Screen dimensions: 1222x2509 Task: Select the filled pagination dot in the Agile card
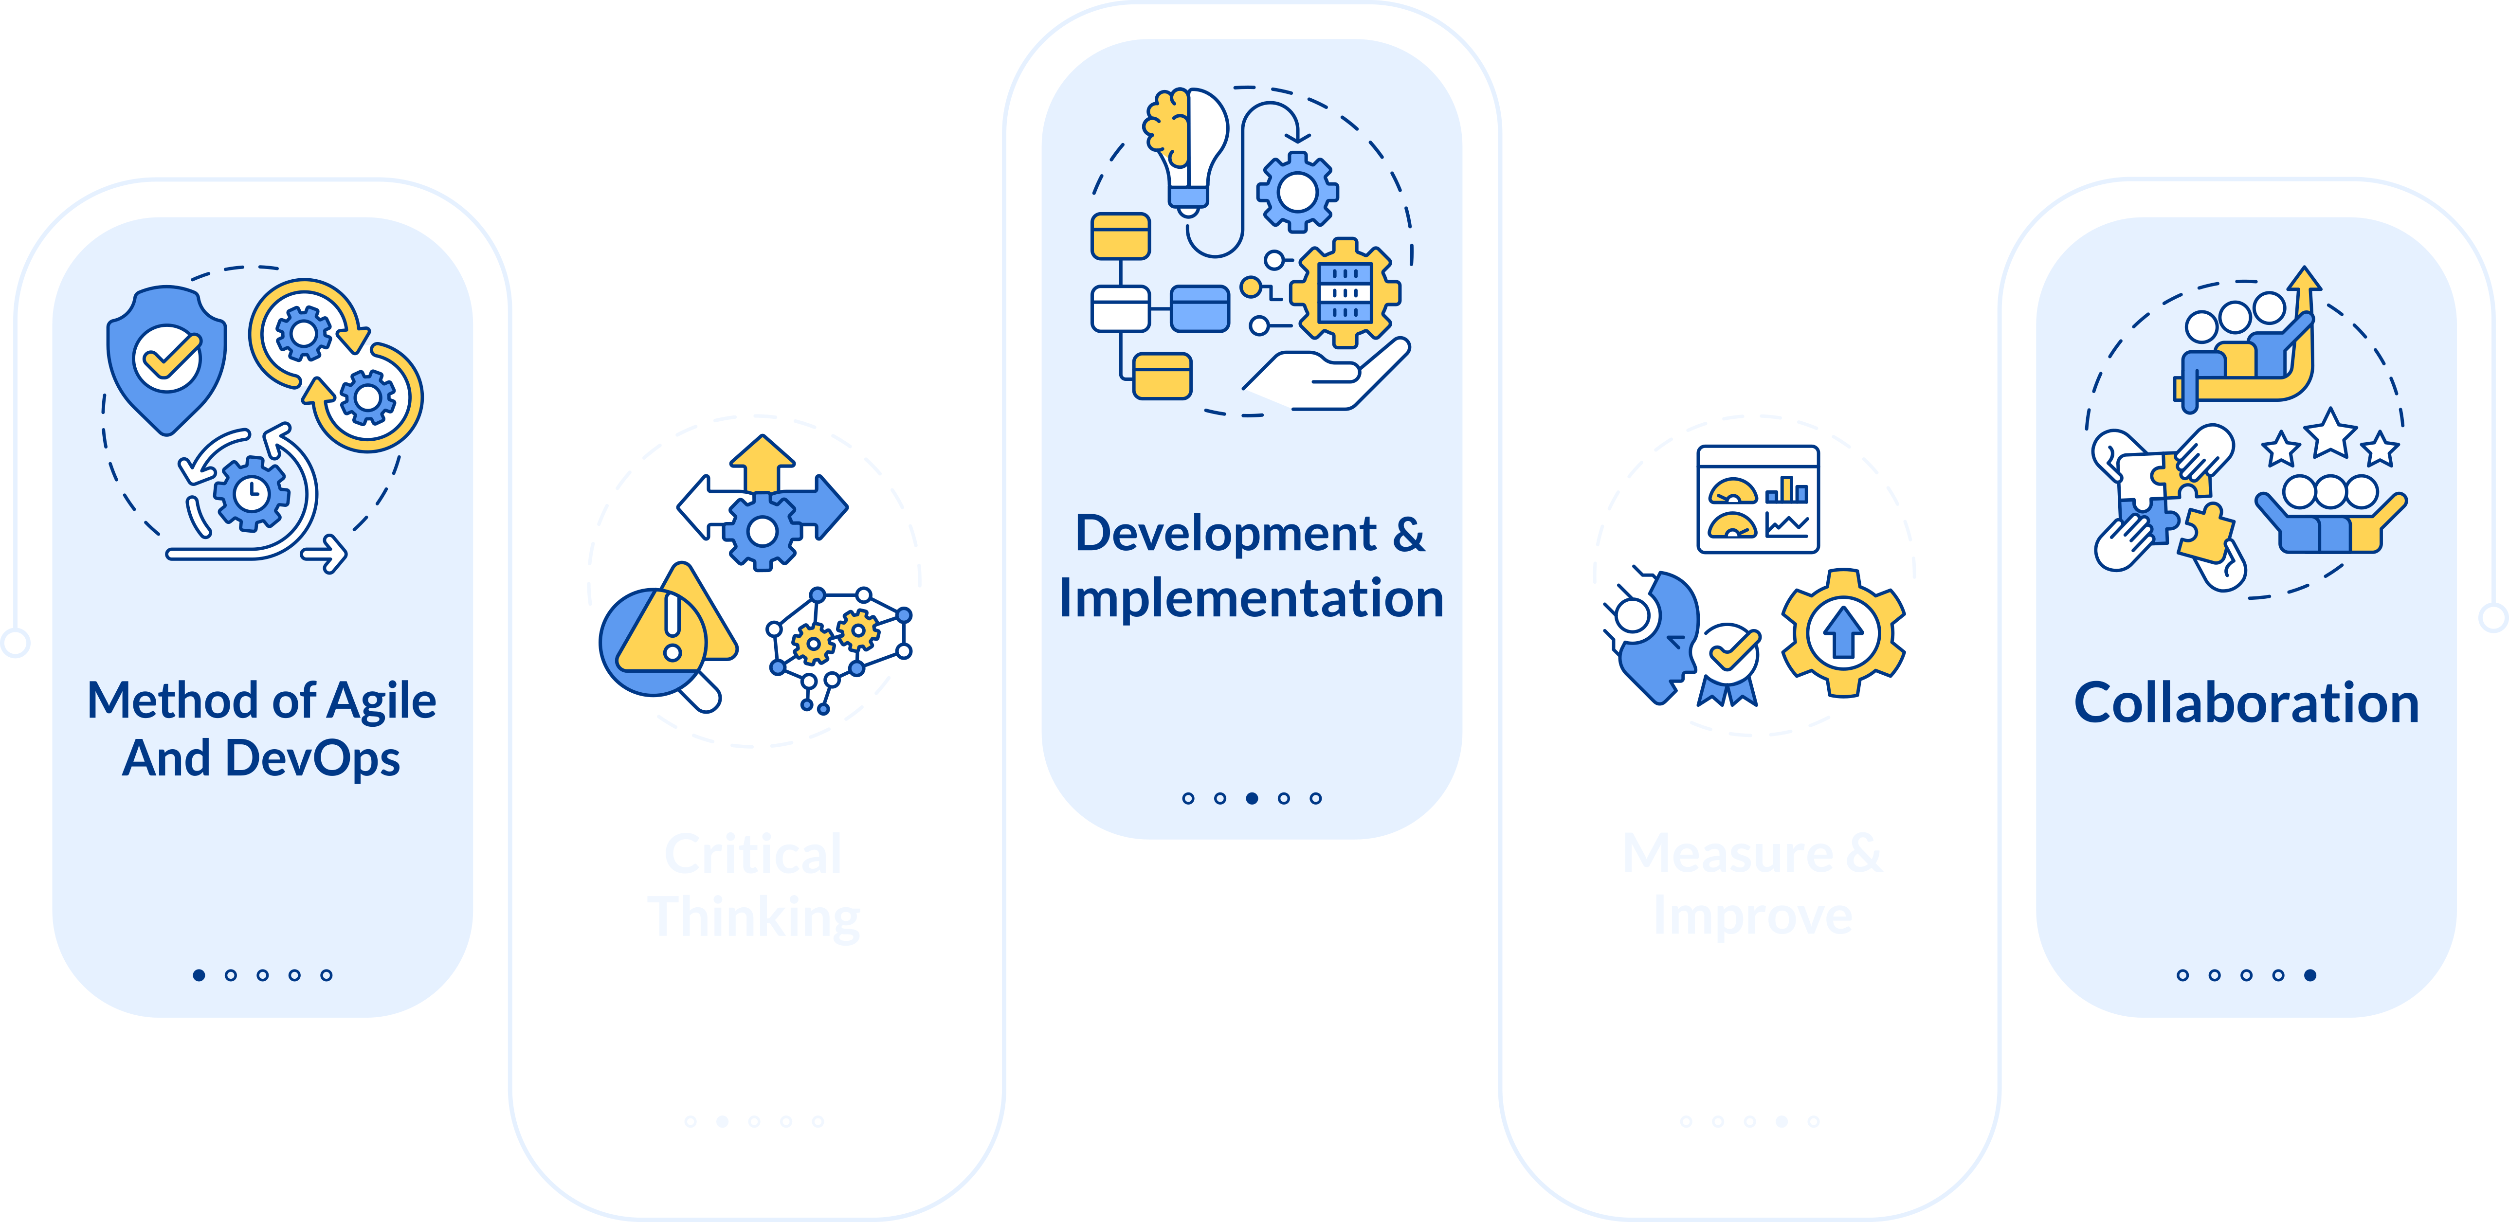199,975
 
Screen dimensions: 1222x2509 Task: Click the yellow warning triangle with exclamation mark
674,623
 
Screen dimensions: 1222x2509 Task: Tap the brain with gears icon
837,643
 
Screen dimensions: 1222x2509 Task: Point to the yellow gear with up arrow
1843,633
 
